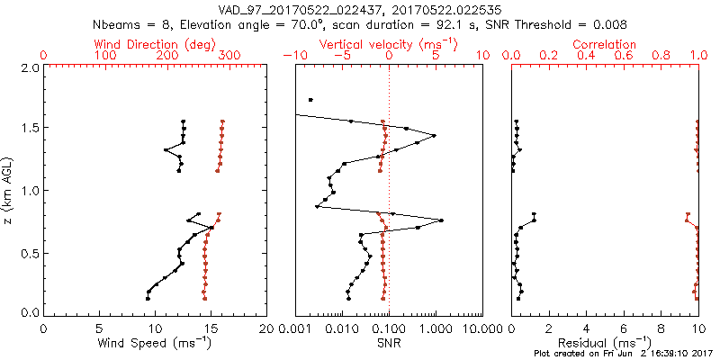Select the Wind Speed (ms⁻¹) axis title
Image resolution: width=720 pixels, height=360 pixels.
click(154, 342)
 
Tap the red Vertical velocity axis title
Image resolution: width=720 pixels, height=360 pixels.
click(387, 44)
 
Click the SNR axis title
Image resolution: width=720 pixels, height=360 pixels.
click(388, 342)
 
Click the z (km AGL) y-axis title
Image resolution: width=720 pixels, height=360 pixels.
click(9, 190)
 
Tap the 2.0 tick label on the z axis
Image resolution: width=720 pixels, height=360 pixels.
click(29, 67)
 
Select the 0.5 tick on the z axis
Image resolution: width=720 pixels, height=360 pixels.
click(29, 252)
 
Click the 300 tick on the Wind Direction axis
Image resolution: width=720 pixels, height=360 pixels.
click(229, 56)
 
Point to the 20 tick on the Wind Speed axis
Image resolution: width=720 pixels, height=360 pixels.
click(265, 328)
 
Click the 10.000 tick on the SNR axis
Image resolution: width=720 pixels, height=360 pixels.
click(482, 328)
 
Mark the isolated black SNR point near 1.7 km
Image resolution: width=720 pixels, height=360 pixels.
click(310, 100)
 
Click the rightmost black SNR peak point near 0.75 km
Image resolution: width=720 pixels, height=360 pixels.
click(441, 220)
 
